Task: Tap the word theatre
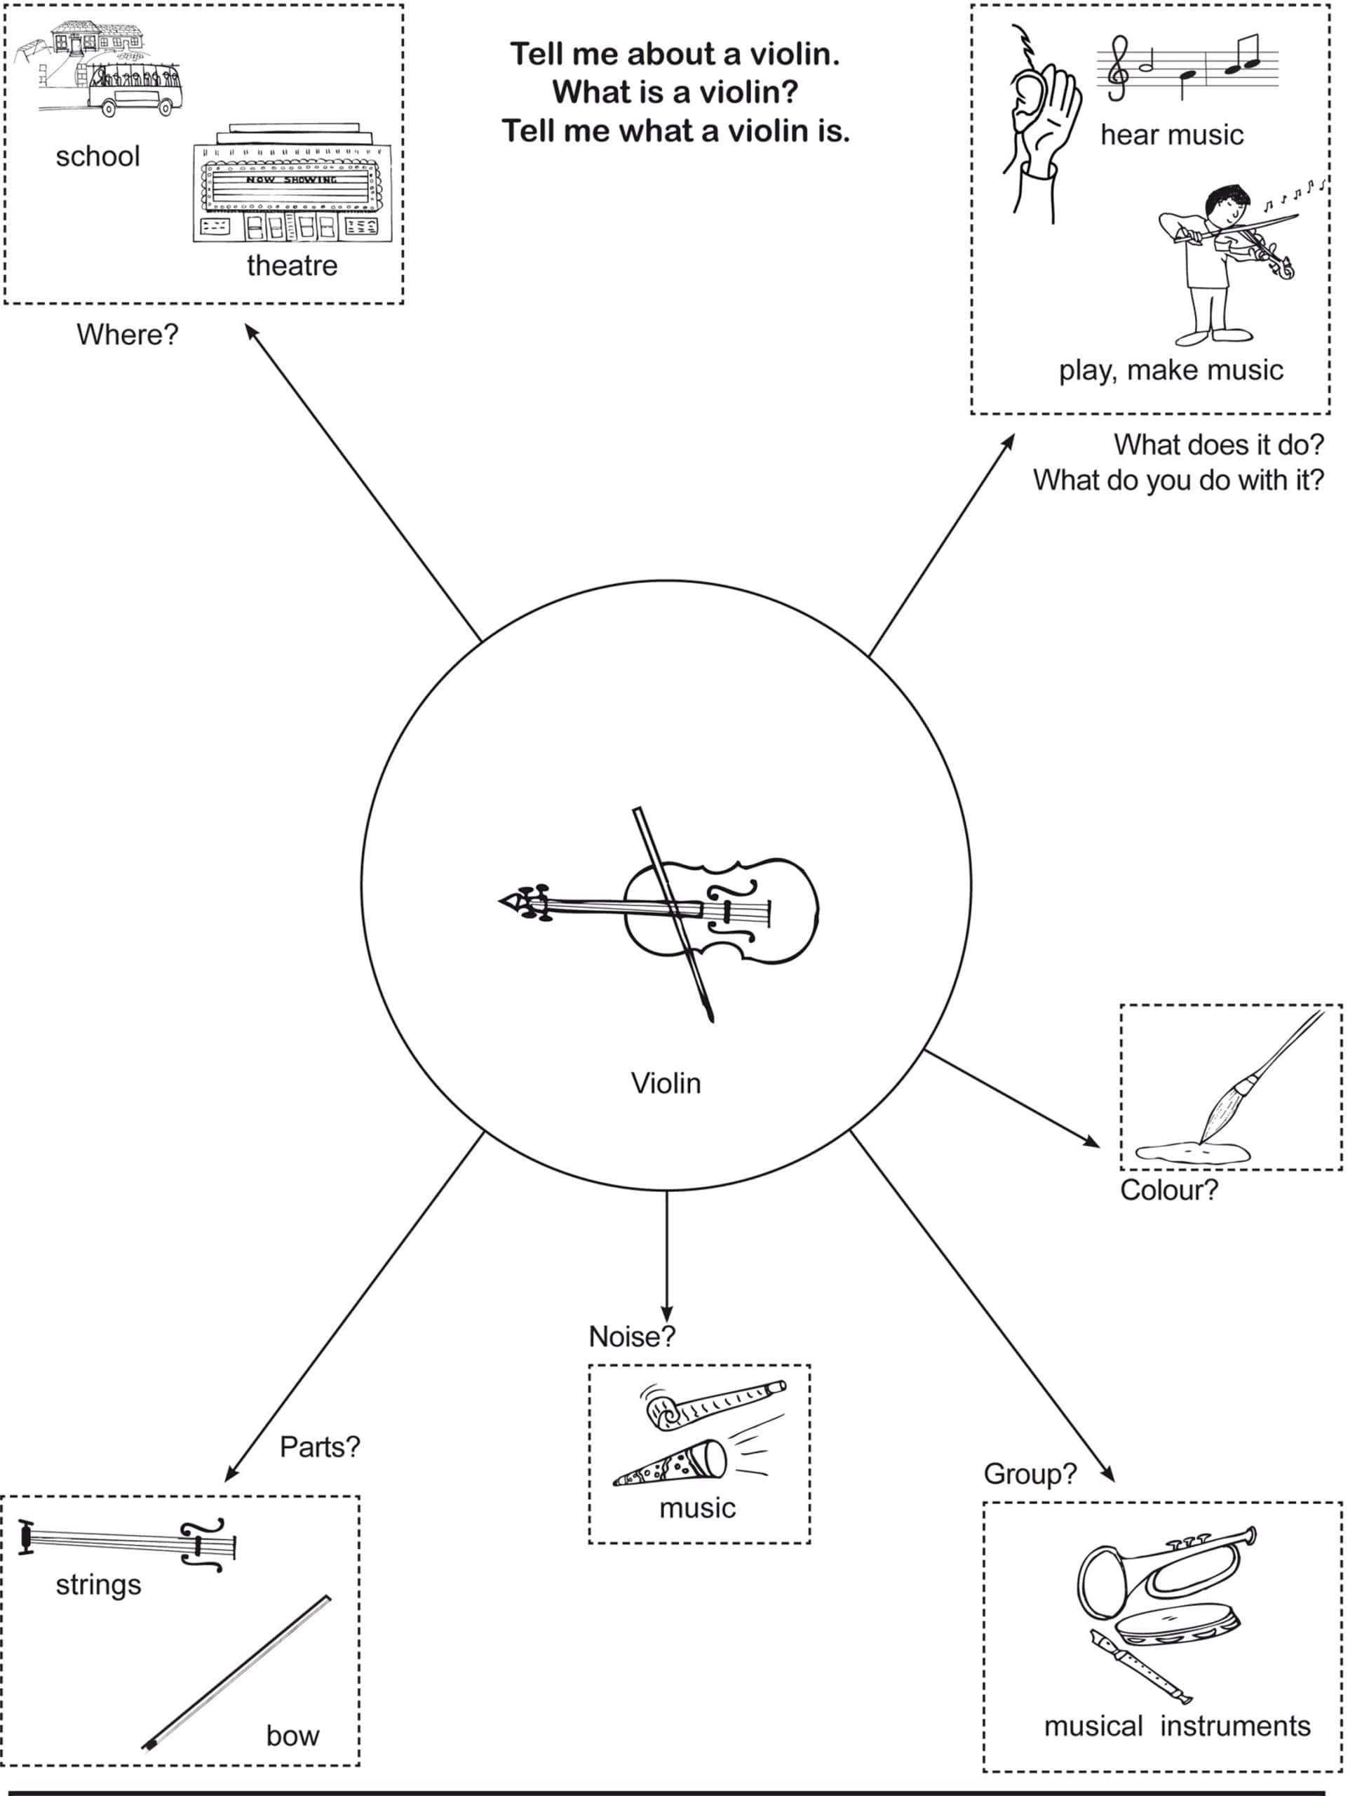coord(292,266)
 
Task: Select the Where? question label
coord(127,334)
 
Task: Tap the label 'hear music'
coord(1171,135)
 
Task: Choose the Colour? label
coord(1168,1191)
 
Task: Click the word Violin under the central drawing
coord(666,1083)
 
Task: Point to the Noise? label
coord(631,1337)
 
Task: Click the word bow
coord(292,1736)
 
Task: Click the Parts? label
coord(319,1447)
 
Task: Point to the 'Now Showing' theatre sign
coord(292,180)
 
